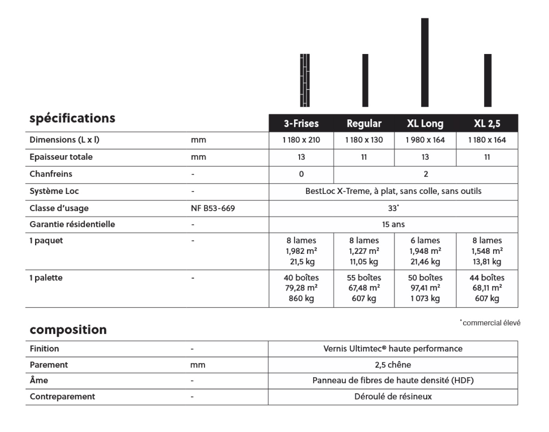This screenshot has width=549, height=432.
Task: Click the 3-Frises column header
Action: [x=301, y=123]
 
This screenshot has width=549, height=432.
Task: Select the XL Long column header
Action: [x=425, y=123]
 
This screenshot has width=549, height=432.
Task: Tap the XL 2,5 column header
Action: [x=487, y=123]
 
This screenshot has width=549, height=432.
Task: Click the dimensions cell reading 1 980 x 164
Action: [x=425, y=140]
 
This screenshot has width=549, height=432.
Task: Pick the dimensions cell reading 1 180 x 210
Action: [x=301, y=140]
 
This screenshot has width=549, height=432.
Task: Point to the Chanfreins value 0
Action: [x=301, y=174]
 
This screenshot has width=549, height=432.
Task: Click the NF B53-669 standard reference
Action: [x=213, y=208]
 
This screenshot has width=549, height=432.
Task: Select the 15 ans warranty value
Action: [x=393, y=224]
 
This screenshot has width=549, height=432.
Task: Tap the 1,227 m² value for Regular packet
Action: [x=364, y=251]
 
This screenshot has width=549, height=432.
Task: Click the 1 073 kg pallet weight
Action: [x=425, y=298]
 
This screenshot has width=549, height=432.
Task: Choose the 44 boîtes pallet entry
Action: [x=487, y=277]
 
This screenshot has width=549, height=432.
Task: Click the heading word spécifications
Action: [x=72, y=118]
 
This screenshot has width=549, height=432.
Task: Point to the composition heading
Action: [x=68, y=330]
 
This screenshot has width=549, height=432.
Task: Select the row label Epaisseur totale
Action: [x=61, y=157]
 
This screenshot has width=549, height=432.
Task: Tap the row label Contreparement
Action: [x=62, y=397]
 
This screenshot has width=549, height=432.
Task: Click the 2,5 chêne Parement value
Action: [x=393, y=365]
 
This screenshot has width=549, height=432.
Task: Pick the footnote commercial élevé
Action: [x=491, y=323]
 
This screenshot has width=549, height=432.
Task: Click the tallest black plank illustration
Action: [x=425, y=62]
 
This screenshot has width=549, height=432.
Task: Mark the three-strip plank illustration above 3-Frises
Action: [x=305, y=80]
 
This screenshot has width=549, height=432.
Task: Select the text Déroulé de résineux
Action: [x=393, y=397]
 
